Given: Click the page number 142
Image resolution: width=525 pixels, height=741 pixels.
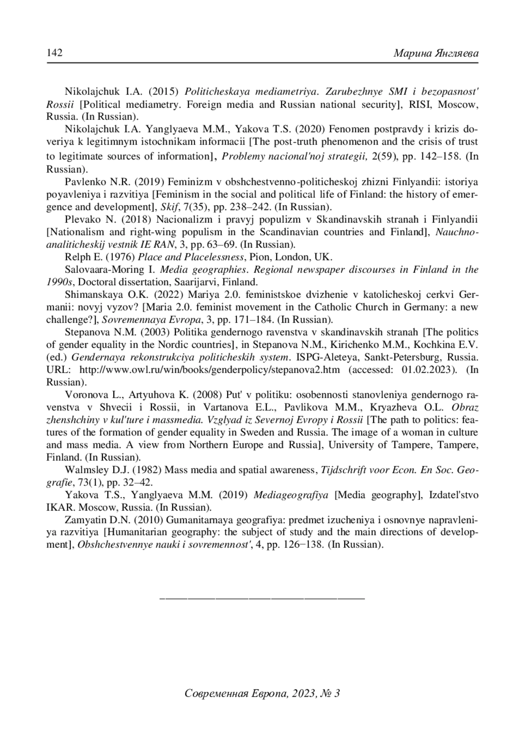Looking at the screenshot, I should point(55,53).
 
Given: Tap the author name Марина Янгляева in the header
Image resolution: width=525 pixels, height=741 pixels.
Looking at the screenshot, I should point(435,53).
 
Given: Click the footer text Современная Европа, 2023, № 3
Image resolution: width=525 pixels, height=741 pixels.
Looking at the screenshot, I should point(262,693).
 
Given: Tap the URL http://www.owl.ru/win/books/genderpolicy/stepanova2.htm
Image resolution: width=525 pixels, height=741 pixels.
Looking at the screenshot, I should point(210,370).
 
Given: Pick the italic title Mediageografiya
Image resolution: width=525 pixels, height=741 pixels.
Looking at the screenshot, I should point(291,495).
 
